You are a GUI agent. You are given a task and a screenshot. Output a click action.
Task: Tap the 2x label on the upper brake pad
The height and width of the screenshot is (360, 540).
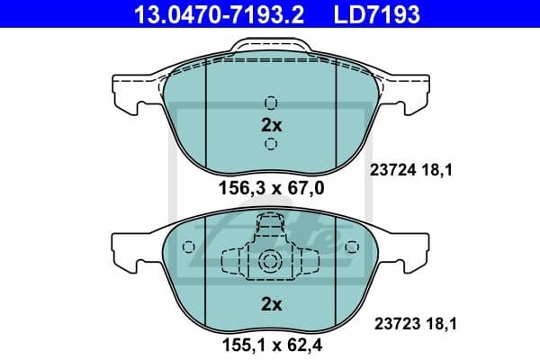click(x=271, y=124)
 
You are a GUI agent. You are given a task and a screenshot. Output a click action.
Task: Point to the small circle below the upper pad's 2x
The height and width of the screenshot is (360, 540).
click(x=271, y=145)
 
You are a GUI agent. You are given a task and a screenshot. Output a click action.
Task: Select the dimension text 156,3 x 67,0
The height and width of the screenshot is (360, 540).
click(x=271, y=188)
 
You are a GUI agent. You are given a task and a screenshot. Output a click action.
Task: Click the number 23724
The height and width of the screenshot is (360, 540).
click(x=390, y=167)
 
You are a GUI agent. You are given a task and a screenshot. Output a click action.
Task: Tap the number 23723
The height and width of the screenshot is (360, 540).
click(x=390, y=319)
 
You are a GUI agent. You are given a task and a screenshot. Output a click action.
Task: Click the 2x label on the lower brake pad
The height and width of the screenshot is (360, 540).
click(x=271, y=304)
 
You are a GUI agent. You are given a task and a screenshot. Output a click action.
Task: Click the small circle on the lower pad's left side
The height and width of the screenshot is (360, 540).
click(x=187, y=247)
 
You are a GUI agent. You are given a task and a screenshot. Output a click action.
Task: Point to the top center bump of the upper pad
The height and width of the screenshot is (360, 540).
click(x=271, y=51)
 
